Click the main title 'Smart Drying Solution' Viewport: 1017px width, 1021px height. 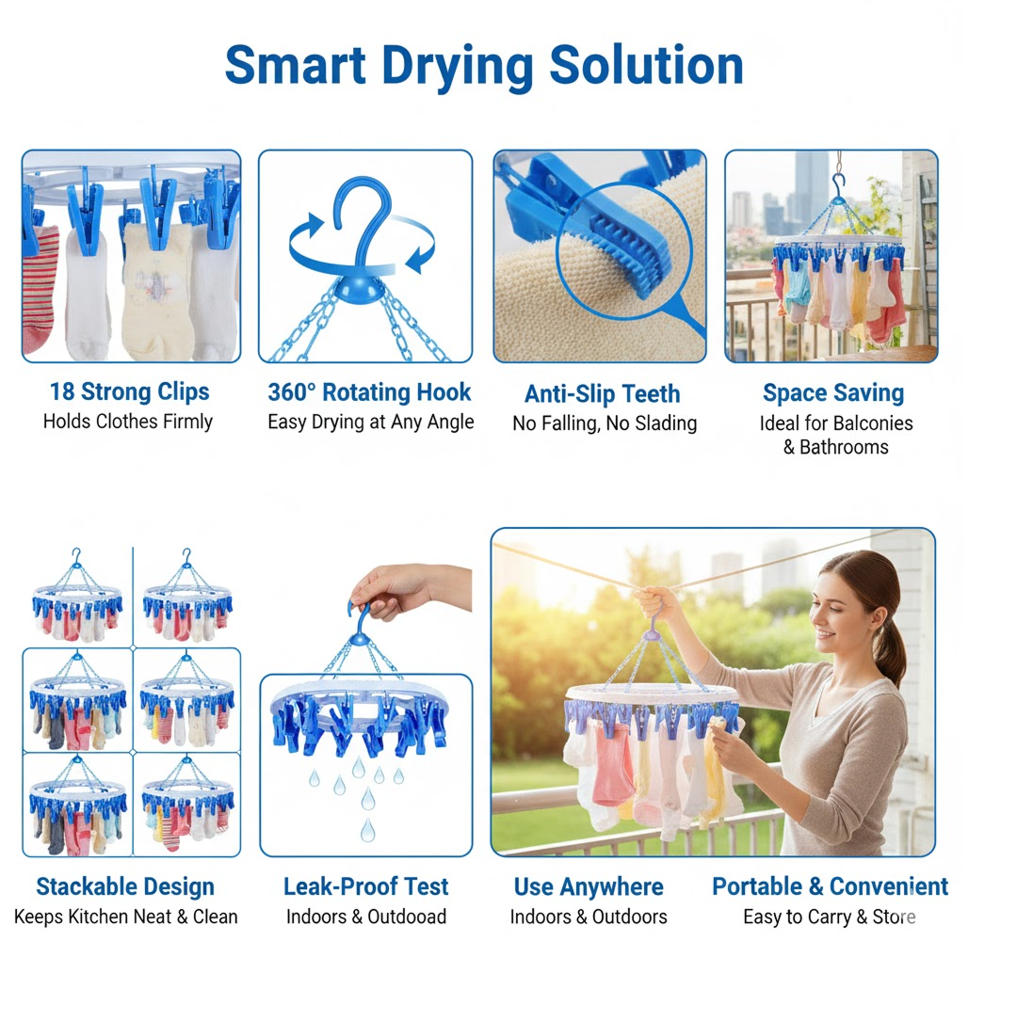tap(484, 65)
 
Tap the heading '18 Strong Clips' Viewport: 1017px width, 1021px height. tap(130, 391)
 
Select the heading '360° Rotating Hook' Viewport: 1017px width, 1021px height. tap(369, 391)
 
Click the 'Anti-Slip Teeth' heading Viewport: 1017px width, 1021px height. tap(602, 393)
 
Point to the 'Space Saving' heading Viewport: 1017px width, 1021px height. tap(832, 392)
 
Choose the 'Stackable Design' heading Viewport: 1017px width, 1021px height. tap(125, 886)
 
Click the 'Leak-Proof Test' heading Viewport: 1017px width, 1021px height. tap(365, 886)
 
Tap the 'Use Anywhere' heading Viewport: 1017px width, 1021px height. tap(589, 886)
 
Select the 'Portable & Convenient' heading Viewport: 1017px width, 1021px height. tap(830, 886)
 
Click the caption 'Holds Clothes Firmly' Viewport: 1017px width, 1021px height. tap(128, 422)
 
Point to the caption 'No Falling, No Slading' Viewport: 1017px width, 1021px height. tap(605, 423)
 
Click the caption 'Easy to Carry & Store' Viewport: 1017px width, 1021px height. tap(829, 917)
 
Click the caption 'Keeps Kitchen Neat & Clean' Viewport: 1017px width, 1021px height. tap(126, 917)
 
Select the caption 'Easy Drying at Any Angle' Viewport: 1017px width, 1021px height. tap(370, 422)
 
